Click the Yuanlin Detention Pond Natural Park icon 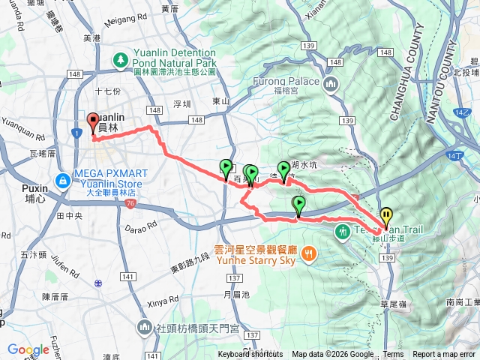[x=119, y=59]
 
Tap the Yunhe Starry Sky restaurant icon [x=309, y=256]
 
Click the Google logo [x=28, y=350]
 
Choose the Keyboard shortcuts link [x=250, y=355]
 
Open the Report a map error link [x=444, y=355]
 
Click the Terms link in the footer [x=393, y=355]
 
